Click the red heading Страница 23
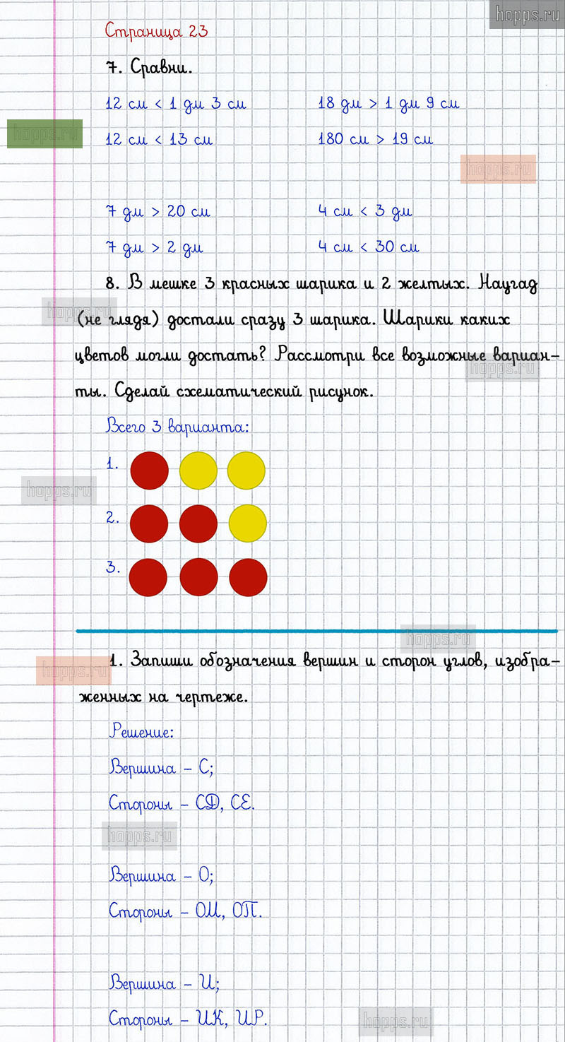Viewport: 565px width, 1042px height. [x=156, y=31]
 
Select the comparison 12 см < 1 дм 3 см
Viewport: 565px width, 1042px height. [x=176, y=104]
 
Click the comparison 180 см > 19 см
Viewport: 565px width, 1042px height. [x=375, y=139]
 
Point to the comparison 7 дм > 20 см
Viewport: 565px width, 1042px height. [x=157, y=211]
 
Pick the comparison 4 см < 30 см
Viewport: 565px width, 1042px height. [x=368, y=247]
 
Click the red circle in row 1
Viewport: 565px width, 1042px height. [x=150, y=470]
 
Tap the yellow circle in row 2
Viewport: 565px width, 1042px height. [x=248, y=523]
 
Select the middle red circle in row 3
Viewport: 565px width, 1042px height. [x=198, y=577]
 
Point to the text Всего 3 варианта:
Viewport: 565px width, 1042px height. [x=177, y=427]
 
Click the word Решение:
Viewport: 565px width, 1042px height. [x=141, y=732]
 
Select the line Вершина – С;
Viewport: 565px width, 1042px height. [x=161, y=768]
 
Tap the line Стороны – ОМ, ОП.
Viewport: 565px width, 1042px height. [x=185, y=911]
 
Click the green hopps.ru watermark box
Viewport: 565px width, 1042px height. [x=45, y=134]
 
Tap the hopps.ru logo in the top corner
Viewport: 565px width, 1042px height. [x=527, y=14]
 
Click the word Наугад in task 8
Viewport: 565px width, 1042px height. [x=507, y=285]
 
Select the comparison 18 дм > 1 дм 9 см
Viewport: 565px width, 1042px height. [x=388, y=104]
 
